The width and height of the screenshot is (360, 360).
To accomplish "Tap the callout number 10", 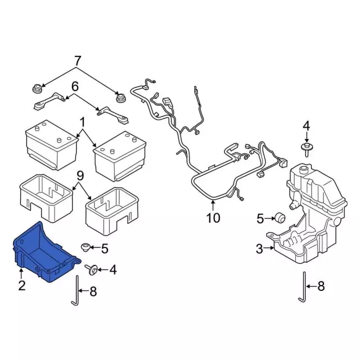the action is click(x=213, y=218).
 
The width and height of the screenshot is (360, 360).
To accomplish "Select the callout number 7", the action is click(x=77, y=61).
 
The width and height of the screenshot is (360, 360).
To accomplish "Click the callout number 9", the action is click(x=80, y=176).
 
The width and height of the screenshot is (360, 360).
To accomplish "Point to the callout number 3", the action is click(x=259, y=249).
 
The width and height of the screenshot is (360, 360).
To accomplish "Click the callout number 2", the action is click(x=22, y=286).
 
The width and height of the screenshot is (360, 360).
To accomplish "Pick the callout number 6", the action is click(x=75, y=87).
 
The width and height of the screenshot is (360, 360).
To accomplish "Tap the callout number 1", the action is click(x=82, y=122).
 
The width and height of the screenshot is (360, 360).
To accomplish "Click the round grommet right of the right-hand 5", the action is click(x=280, y=218).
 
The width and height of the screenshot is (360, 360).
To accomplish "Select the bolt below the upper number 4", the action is click(x=307, y=149).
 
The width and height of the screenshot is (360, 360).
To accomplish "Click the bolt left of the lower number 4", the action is click(x=91, y=270).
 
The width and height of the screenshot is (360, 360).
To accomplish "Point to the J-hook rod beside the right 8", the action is click(x=303, y=287).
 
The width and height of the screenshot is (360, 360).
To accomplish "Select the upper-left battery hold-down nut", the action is click(x=37, y=88).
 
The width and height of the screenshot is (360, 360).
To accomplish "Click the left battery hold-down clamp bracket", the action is click(x=49, y=101).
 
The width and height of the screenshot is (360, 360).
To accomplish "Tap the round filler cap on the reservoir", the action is click(x=304, y=170).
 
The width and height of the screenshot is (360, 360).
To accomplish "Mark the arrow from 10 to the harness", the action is click(x=213, y=205).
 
